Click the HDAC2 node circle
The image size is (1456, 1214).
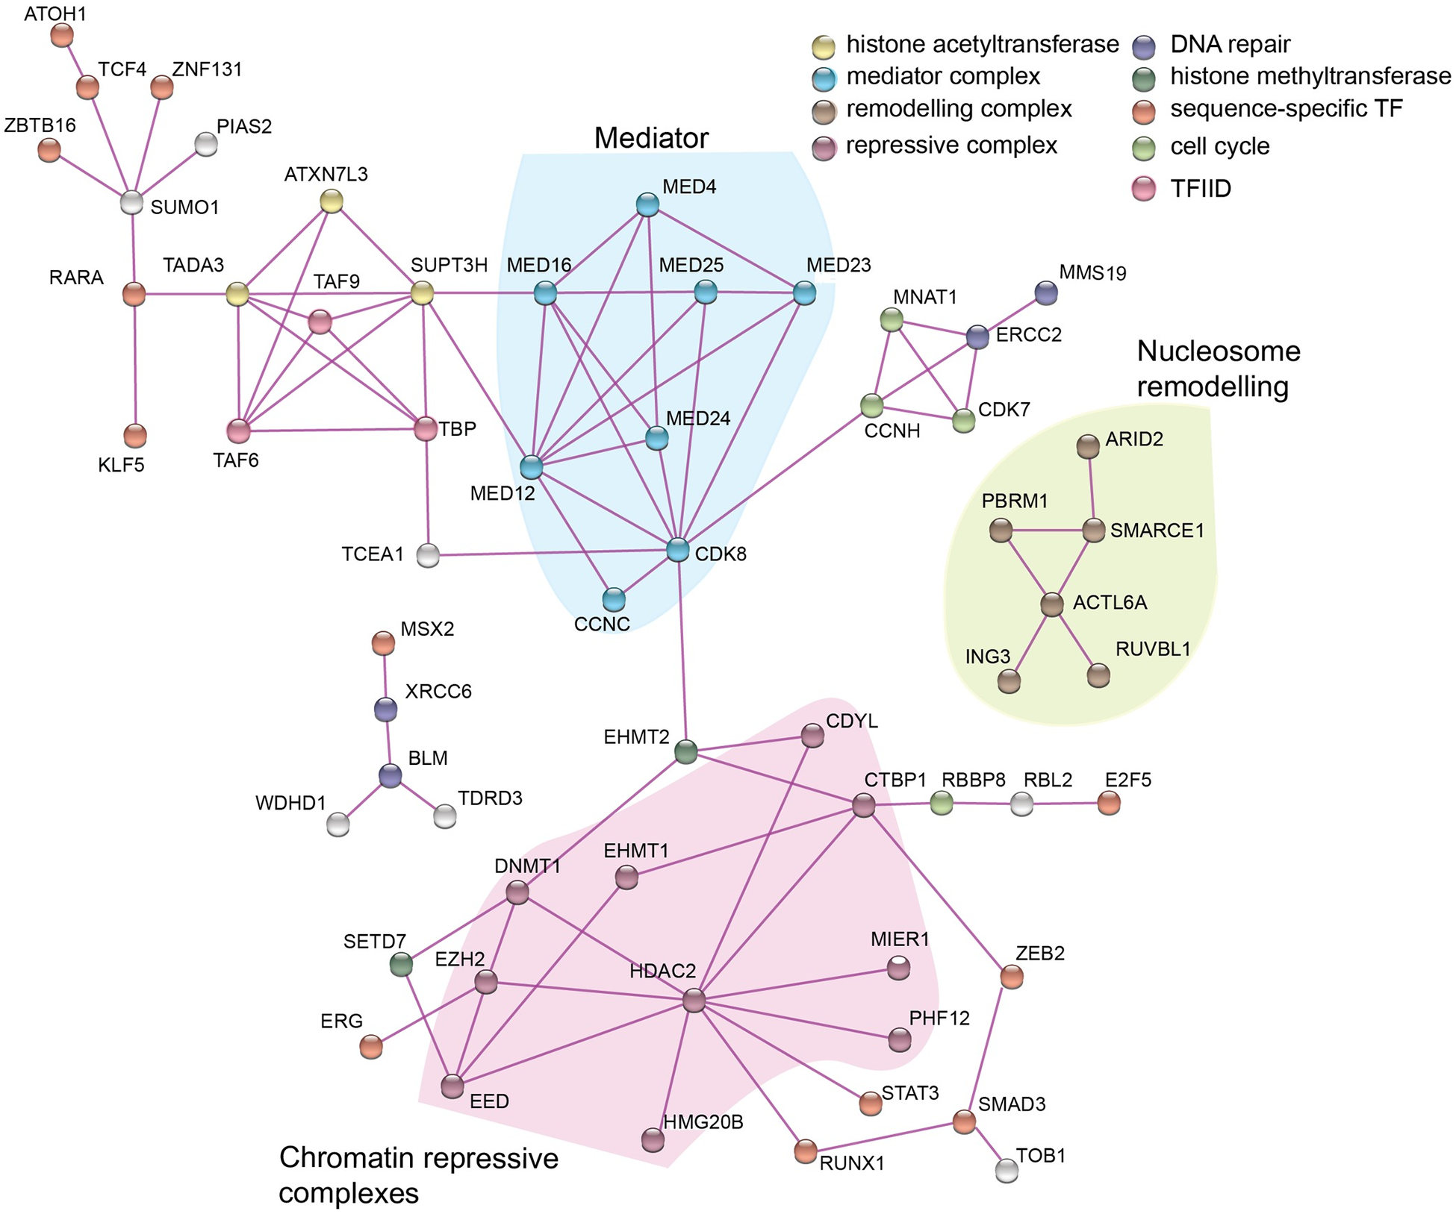[x=694, y=1001]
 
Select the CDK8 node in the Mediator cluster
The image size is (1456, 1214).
[x=677, y=551]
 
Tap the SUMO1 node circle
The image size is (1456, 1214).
[x=131, y=202]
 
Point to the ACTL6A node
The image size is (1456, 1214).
[x=1052, y=604]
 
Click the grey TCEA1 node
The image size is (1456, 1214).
[x=428, y=555]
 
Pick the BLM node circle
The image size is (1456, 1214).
[x=390, y=776]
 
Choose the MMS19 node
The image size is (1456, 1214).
[x=1046, y=293]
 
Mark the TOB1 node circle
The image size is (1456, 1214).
[x=1007, y=1170]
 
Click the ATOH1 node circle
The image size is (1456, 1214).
[x=62, y=34]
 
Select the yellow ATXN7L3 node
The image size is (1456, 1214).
[x=332, y=201]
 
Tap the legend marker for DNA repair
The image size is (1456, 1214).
[x=1144, y=46]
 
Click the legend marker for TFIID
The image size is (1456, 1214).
[x=1144, y=190]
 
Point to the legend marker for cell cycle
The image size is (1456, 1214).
[x=1144, y=148]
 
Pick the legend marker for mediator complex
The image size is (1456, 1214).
[x=824, y=78]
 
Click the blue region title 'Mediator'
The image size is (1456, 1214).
[x=651, y=138]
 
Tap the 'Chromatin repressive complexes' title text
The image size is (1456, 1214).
[x=418, y=1175]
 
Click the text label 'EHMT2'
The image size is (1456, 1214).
[x=636, y=737]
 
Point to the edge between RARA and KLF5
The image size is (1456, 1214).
[x=135, y=366]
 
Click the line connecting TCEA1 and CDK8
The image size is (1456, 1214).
[x=553, y=553]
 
